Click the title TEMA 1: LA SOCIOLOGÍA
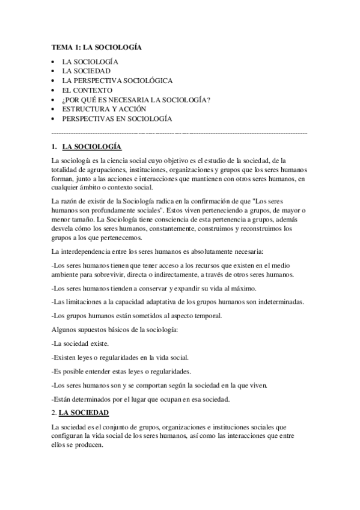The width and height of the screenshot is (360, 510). [x=97, y=46]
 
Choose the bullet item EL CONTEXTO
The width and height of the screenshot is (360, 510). [x=87, y=90]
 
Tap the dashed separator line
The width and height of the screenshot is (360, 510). [x=180, y=131]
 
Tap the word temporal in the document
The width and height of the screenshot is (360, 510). [x=193, y=315]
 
